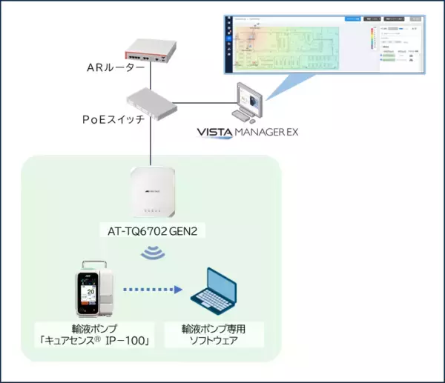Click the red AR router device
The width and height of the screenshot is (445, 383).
(x=151, y=50)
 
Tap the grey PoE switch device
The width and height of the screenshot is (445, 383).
(x=153, y=101)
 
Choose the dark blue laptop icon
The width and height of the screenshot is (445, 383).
(x=214, y=292)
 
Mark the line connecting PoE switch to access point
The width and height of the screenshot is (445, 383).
(x=151, y=141)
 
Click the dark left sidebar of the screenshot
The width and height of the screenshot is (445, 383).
(x=228, y=44)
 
